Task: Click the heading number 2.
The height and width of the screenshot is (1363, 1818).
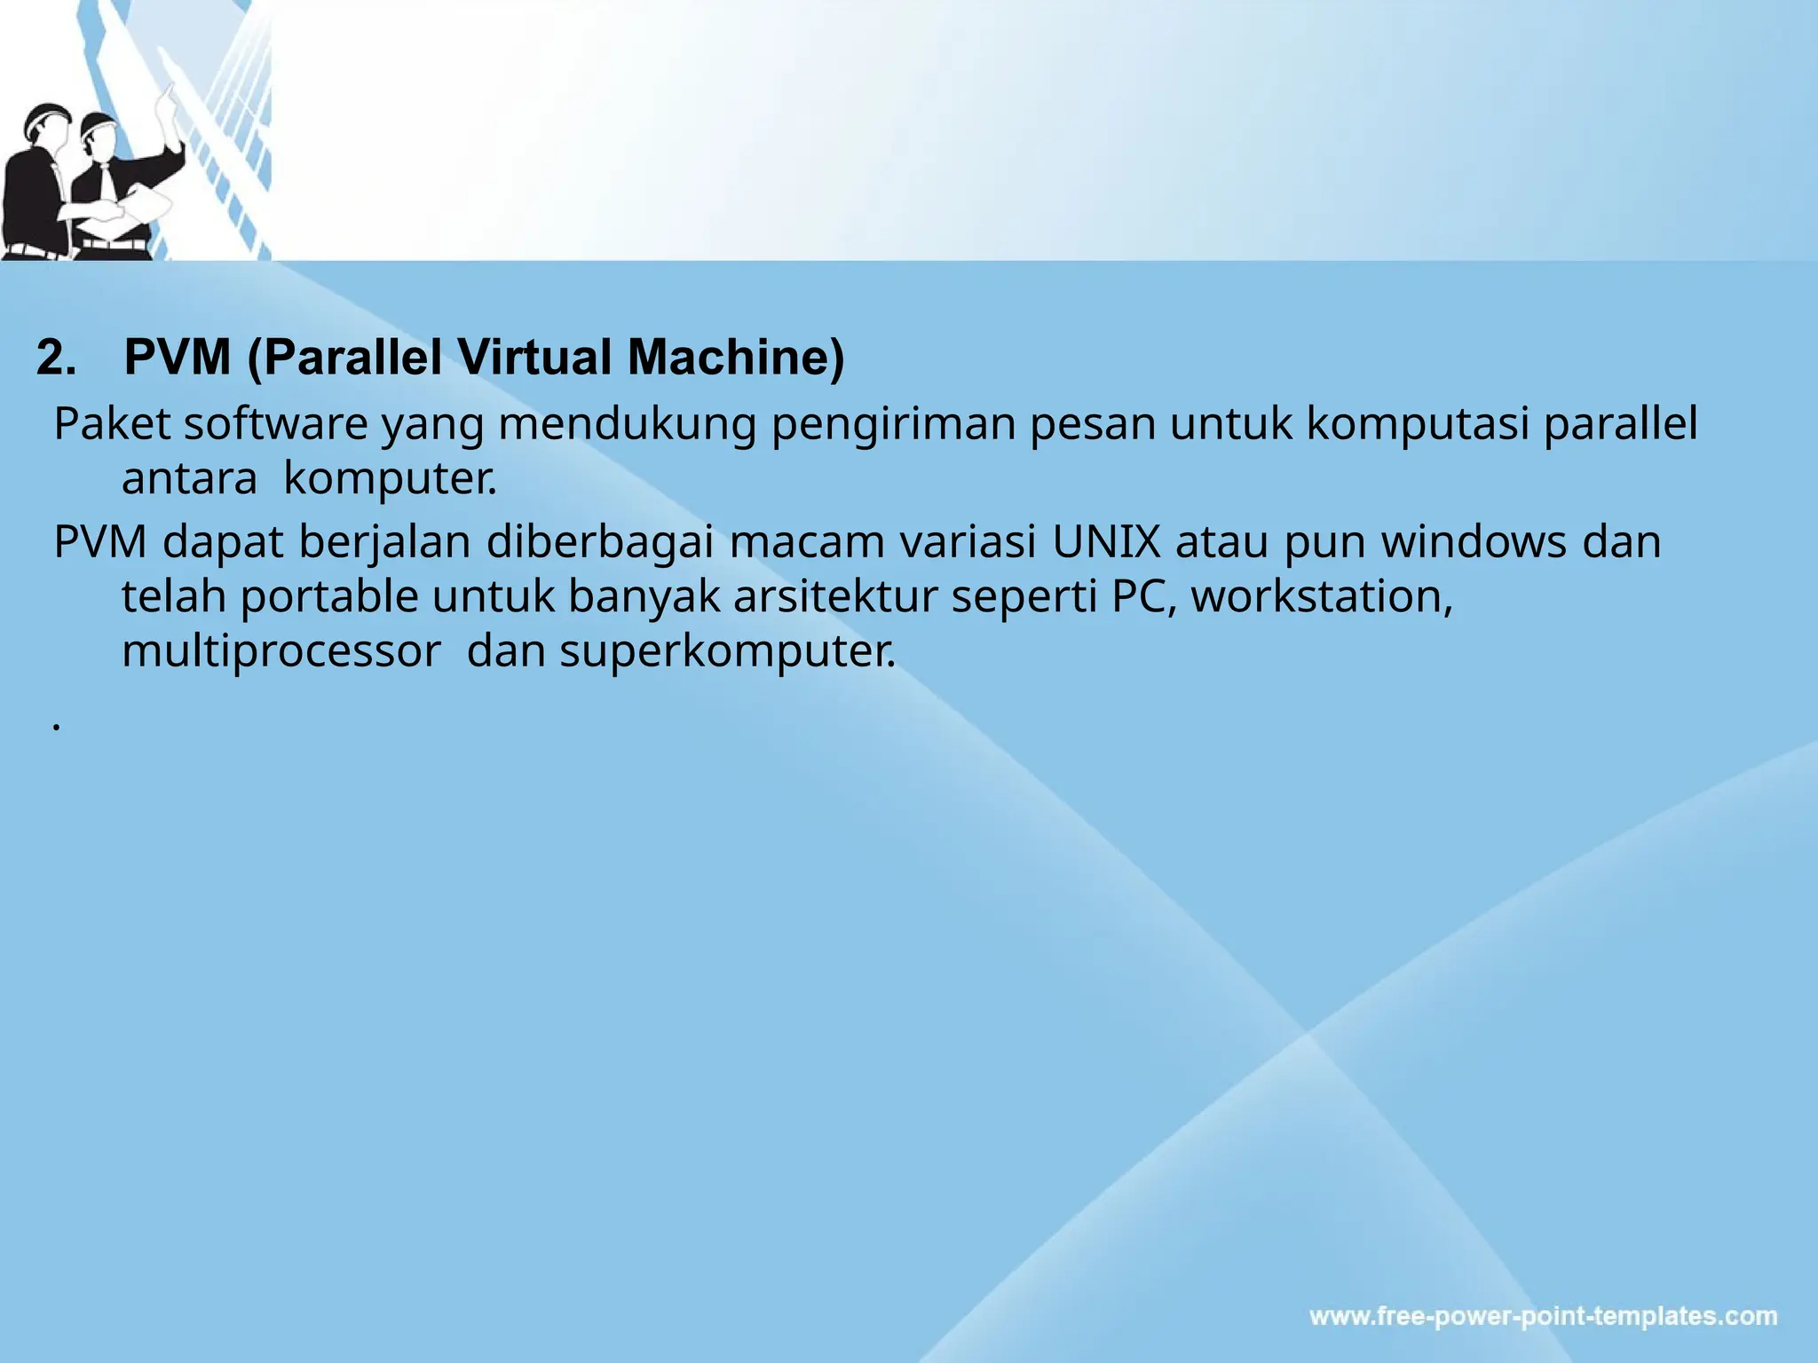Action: tap(56, 358)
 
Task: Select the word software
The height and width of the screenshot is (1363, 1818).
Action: tap(276, 424)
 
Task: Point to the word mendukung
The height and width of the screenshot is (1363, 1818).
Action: tap(627, 424)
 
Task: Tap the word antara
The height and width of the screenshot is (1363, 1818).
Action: tap(189, 479)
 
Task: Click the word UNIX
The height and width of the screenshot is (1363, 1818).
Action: tap(1106, 542)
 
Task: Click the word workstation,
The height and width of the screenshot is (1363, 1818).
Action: tap(1322, 596)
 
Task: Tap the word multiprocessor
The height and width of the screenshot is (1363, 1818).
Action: tap(281, 652)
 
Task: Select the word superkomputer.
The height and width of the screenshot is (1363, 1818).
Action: tap(728, 652)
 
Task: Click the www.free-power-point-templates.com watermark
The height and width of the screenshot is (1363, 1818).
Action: tap(1543, 1316)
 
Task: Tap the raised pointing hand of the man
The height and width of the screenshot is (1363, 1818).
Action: tap(165, 98)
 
